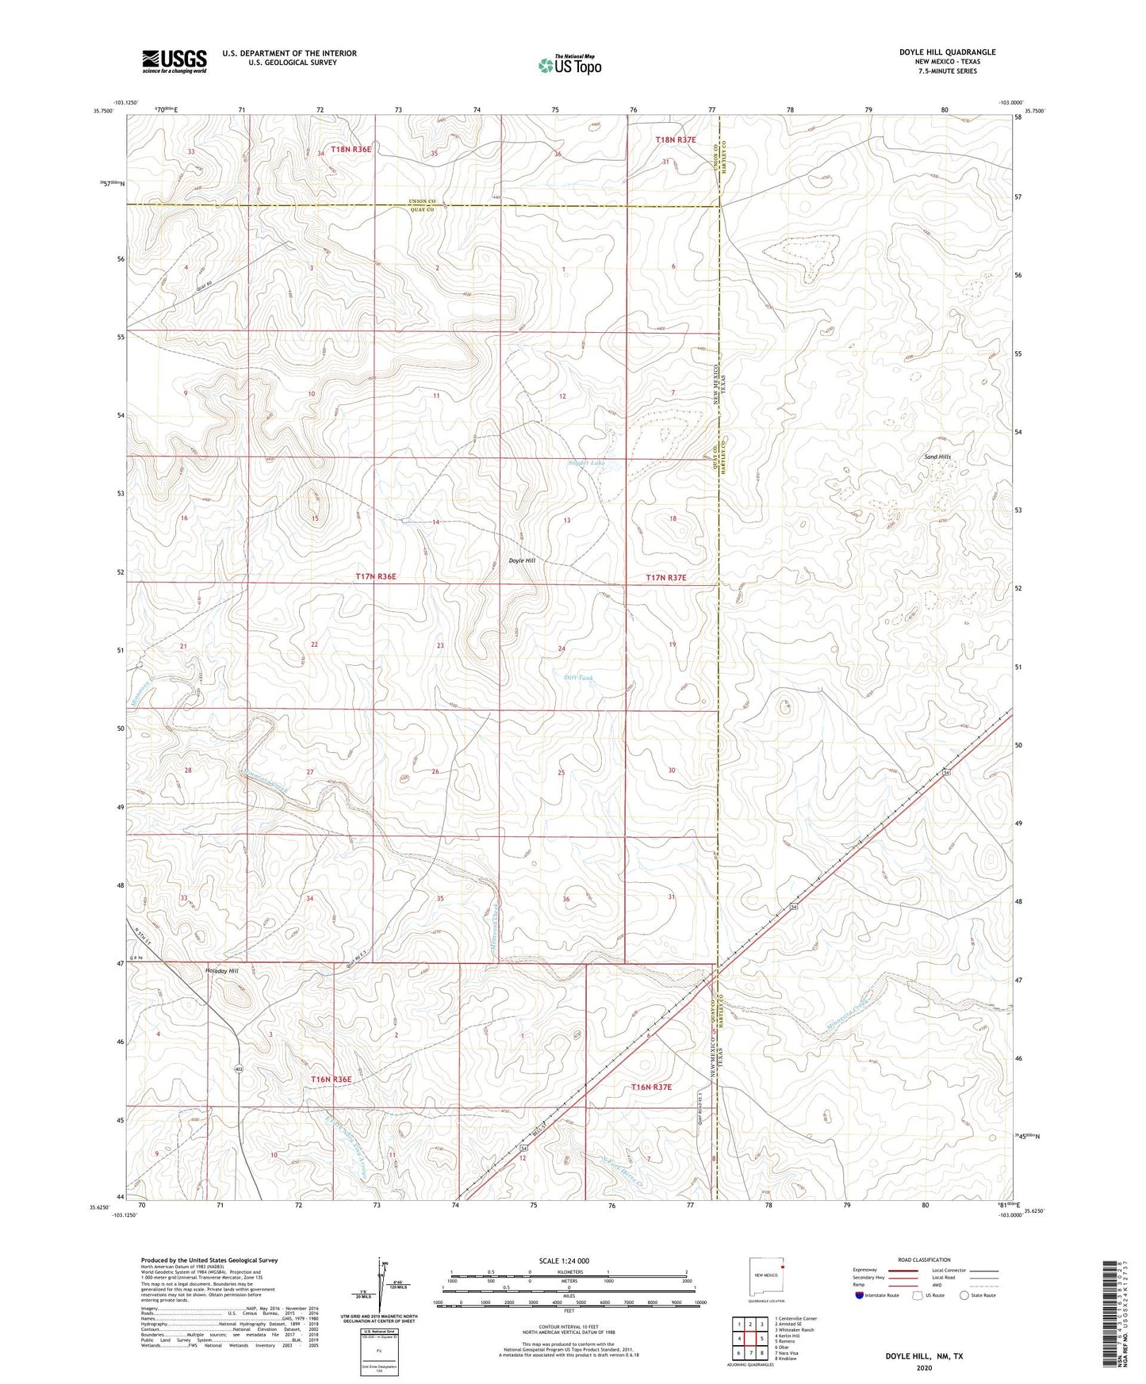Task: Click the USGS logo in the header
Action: [x=174, y=61]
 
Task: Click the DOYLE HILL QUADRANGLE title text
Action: [x=947, y=52]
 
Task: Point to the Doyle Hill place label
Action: [x=522, y=560]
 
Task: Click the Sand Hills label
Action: [x=937, y=457]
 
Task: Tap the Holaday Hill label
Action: [x=221, y=971]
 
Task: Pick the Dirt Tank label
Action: [x=578, y=678]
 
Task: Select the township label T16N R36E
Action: [x=331, y=1080]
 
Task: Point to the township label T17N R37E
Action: [x=665, y=578]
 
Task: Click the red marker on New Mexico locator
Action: [x=782, y=1266]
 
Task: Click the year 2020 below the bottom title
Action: [x=924, y=1367]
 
